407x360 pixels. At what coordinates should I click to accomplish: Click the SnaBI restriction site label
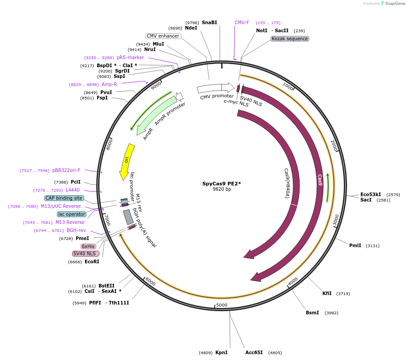pos(209,22)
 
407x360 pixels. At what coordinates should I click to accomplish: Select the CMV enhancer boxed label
pos(163,36)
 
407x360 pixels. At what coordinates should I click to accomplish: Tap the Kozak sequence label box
pos(290,39)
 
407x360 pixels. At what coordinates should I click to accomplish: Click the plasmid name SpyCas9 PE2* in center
pos(222,184)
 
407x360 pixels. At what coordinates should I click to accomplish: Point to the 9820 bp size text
pos(222,189)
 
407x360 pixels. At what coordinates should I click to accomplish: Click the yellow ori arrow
pos(126,161)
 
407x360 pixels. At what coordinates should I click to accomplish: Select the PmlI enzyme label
pos(355,245)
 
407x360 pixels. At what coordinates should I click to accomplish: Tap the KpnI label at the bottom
pos(221,352)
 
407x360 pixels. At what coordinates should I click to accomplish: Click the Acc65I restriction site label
pos(254,352)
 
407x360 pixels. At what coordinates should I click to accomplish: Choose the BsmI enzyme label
pos(313,313)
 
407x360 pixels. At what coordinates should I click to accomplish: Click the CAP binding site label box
pos(64,198)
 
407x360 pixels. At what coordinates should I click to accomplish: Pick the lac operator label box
pos(72,214)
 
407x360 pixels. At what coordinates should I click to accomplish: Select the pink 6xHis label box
pos(88,246)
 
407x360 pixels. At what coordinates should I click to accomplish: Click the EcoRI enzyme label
pos(92,261)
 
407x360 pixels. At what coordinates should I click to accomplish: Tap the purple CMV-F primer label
pos(242,22)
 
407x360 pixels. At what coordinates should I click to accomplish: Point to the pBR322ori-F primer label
pos(66,170)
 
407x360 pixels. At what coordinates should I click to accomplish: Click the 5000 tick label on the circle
pos(222,305)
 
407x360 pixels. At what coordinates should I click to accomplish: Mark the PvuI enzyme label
pos(106,92)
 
